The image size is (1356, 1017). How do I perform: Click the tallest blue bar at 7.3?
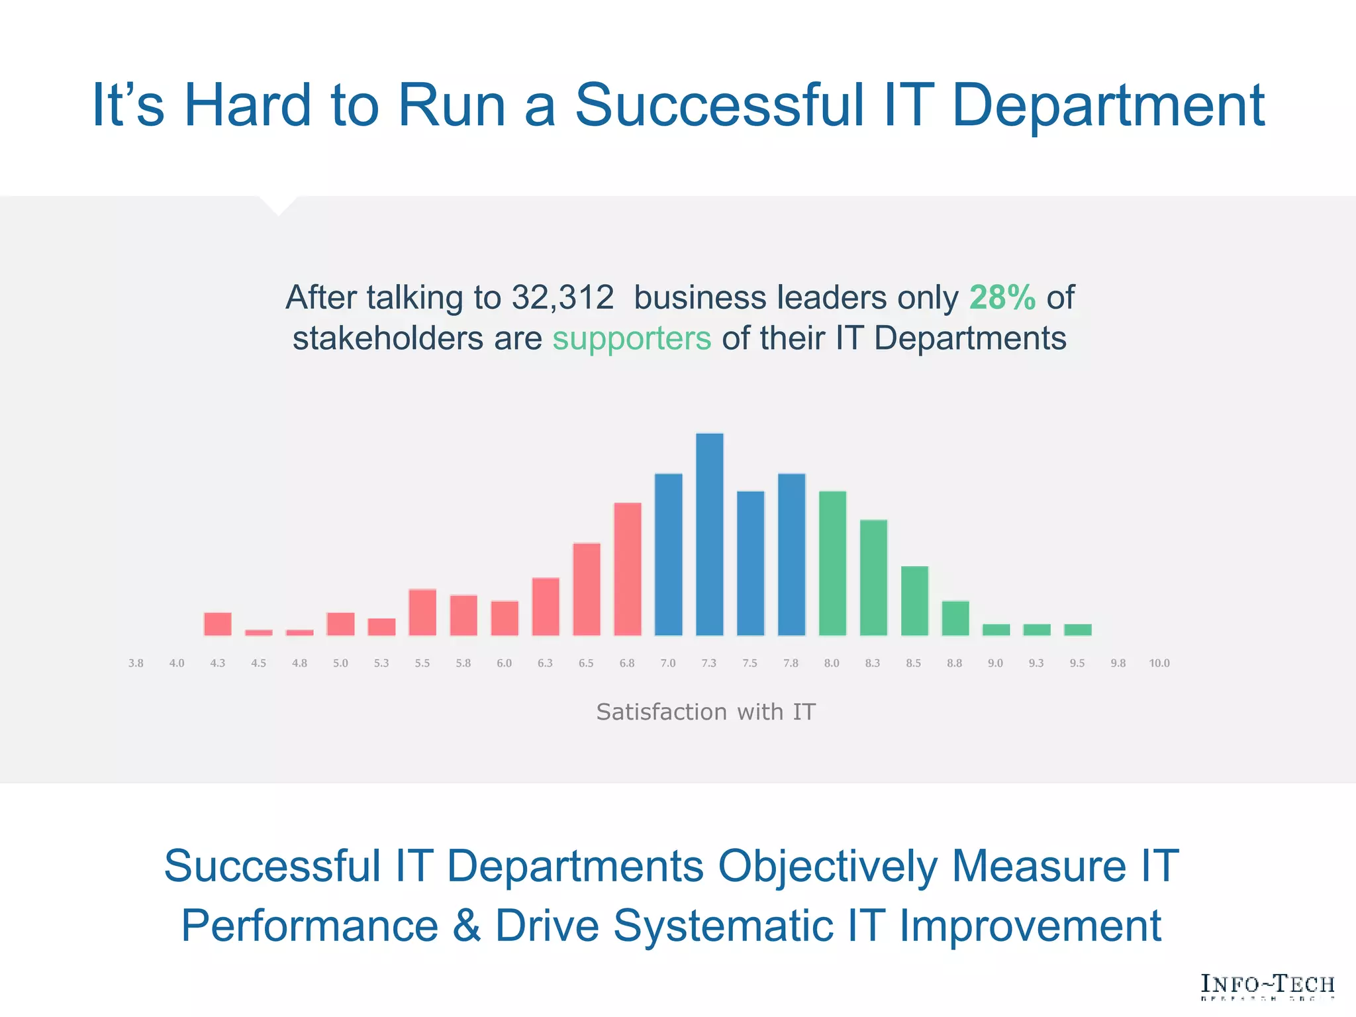(709, 535)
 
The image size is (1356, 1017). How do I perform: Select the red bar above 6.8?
(627, 569)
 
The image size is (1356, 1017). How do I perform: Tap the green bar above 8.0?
(832, 563)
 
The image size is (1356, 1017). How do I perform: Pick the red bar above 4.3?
(218, 624)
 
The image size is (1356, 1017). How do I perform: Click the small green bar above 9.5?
(1077, 630)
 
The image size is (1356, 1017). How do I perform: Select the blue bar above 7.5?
(750, 563)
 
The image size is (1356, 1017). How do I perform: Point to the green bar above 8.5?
(914, 601)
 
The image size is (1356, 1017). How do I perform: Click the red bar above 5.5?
(422, 612)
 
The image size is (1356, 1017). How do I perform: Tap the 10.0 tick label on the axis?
(1159, 663)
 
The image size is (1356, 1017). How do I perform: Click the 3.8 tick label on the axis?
(136, 663)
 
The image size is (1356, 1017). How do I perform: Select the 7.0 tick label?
(668, 663)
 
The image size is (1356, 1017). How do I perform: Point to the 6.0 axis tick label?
(504, 663)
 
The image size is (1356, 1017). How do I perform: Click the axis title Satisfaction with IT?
(706, 712)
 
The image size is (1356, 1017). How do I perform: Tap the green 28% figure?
(1002, 297)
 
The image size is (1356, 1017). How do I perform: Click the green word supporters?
(632, 338)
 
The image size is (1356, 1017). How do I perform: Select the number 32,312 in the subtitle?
(562, 297)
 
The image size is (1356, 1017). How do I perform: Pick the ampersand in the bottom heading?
(466, 926)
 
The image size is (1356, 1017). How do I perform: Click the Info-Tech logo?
(1267, 986)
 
